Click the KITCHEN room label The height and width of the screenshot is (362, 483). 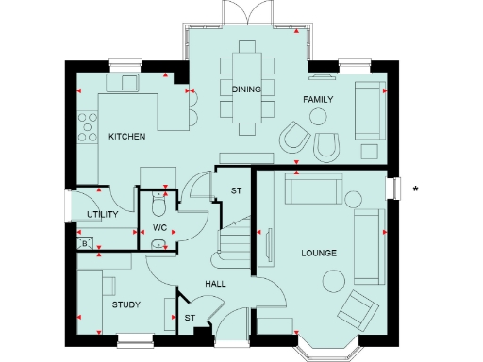(x=126, y=137)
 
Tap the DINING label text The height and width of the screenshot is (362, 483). (x=245, y=89)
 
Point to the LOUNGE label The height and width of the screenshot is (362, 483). (x=319, y=253)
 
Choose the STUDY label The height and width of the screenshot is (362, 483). (x=125, y=305)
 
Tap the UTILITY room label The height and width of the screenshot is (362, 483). (x=102, y=215)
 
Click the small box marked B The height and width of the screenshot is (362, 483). (x=85, y=244)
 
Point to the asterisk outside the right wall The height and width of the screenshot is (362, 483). (x=416, y=190)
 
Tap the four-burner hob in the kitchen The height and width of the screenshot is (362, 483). (x=88, y=127)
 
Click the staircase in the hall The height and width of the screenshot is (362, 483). (x=234, y=242)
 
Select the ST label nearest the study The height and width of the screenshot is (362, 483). (x=190, y=318)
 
